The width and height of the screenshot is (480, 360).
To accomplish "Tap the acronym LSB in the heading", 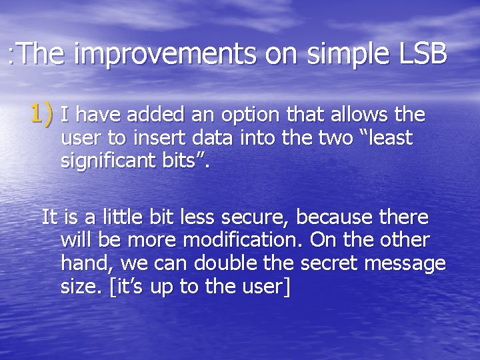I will pos(423,54).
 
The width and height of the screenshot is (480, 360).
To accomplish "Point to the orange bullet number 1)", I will pos(41,114).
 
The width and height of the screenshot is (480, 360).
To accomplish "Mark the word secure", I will pos(256,218).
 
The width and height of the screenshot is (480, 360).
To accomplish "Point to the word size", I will pos(81,287).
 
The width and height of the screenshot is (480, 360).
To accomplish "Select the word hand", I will pos(81,264).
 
